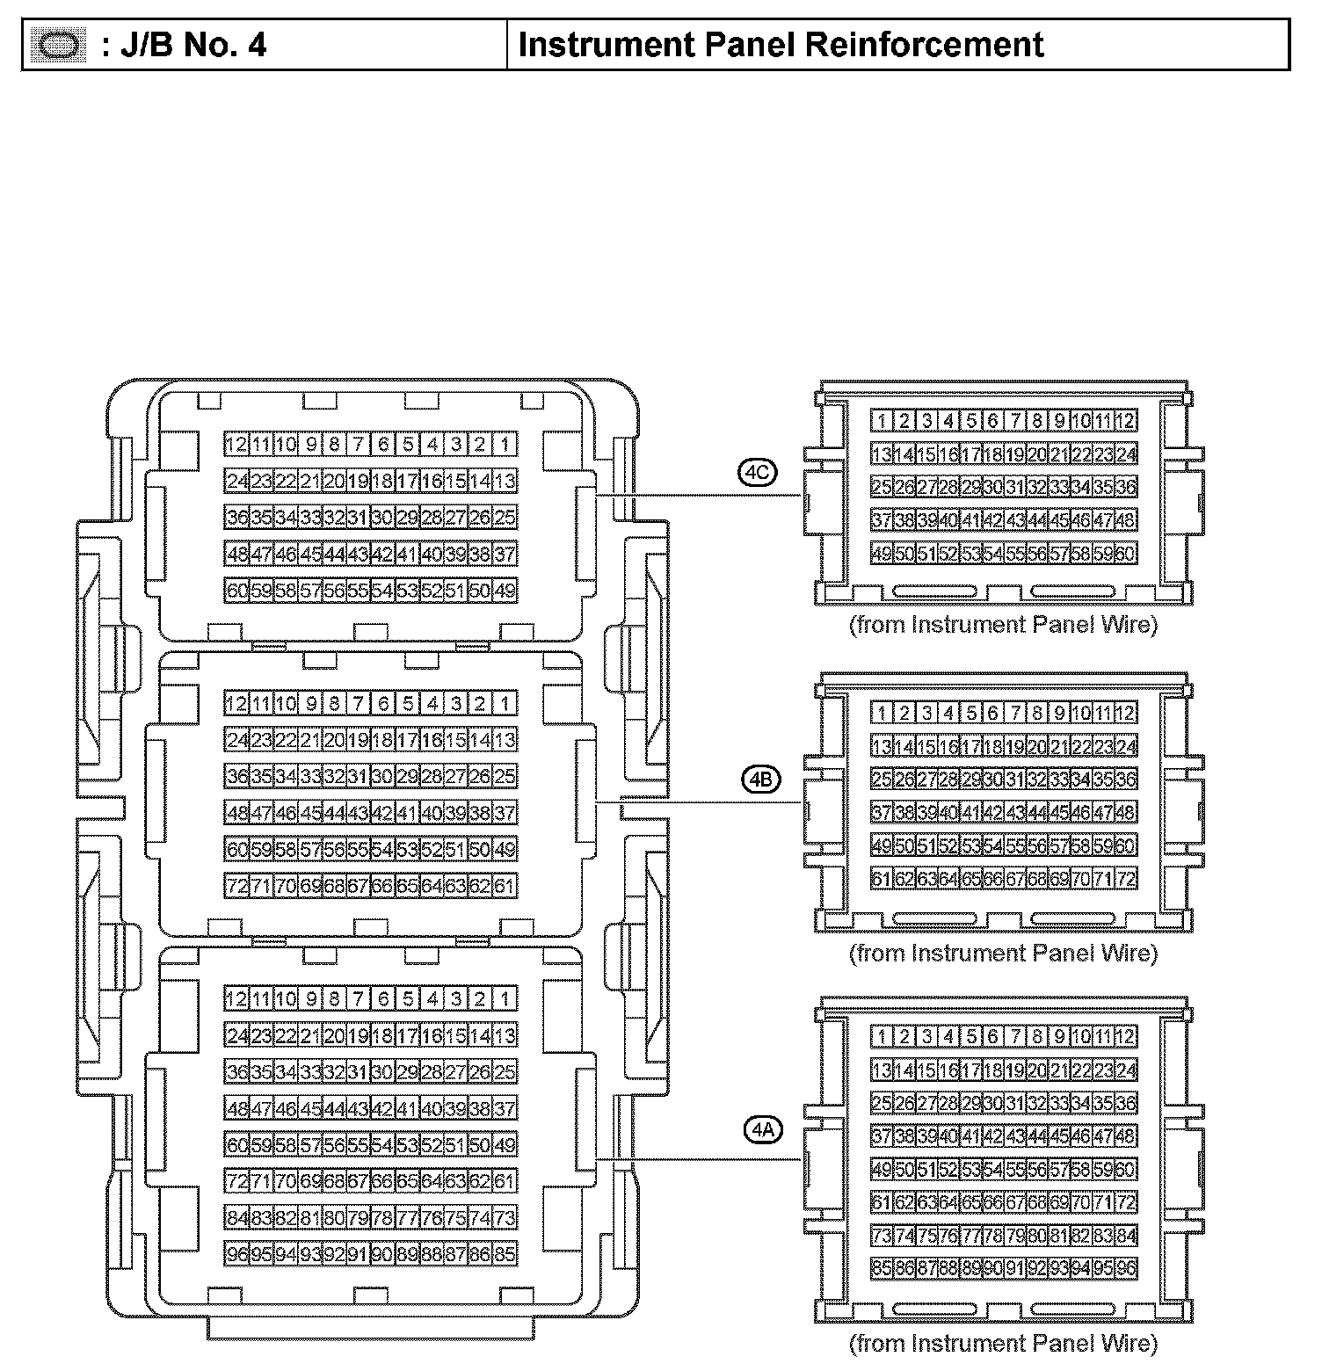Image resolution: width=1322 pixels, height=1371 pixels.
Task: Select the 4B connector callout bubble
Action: [760, 780]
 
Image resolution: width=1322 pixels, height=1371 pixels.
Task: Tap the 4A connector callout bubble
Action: [762, 1130]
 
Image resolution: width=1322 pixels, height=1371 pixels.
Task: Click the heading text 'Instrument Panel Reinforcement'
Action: [781, 45]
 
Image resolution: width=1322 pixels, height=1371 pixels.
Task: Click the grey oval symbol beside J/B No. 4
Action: [58, 45]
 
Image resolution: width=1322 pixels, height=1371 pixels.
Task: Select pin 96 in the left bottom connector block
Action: [236, 1254]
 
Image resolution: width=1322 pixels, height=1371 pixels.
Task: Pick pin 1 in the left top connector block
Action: [505, 444]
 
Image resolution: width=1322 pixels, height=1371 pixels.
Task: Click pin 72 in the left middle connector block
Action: [236, 886]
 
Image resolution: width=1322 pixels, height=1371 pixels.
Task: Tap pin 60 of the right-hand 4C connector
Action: [1125, 554]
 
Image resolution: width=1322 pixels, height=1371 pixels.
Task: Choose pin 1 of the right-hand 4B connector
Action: [883, 713]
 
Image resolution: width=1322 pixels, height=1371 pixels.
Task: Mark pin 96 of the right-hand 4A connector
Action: [1125, 1269]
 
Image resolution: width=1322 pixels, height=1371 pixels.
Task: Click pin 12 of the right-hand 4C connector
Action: [1125, 420]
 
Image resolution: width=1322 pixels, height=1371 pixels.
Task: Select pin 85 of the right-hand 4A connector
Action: [883, 1269]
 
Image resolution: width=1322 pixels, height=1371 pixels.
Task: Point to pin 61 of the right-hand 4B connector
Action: [883, 878]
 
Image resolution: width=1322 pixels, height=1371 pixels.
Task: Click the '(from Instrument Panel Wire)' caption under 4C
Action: [1003, 625]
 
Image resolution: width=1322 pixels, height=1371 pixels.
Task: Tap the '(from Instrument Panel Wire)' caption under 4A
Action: [1003, 1343]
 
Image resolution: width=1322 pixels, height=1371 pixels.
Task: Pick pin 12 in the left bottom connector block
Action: [236, 998]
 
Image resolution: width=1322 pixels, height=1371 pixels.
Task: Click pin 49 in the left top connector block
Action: [505, 591]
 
